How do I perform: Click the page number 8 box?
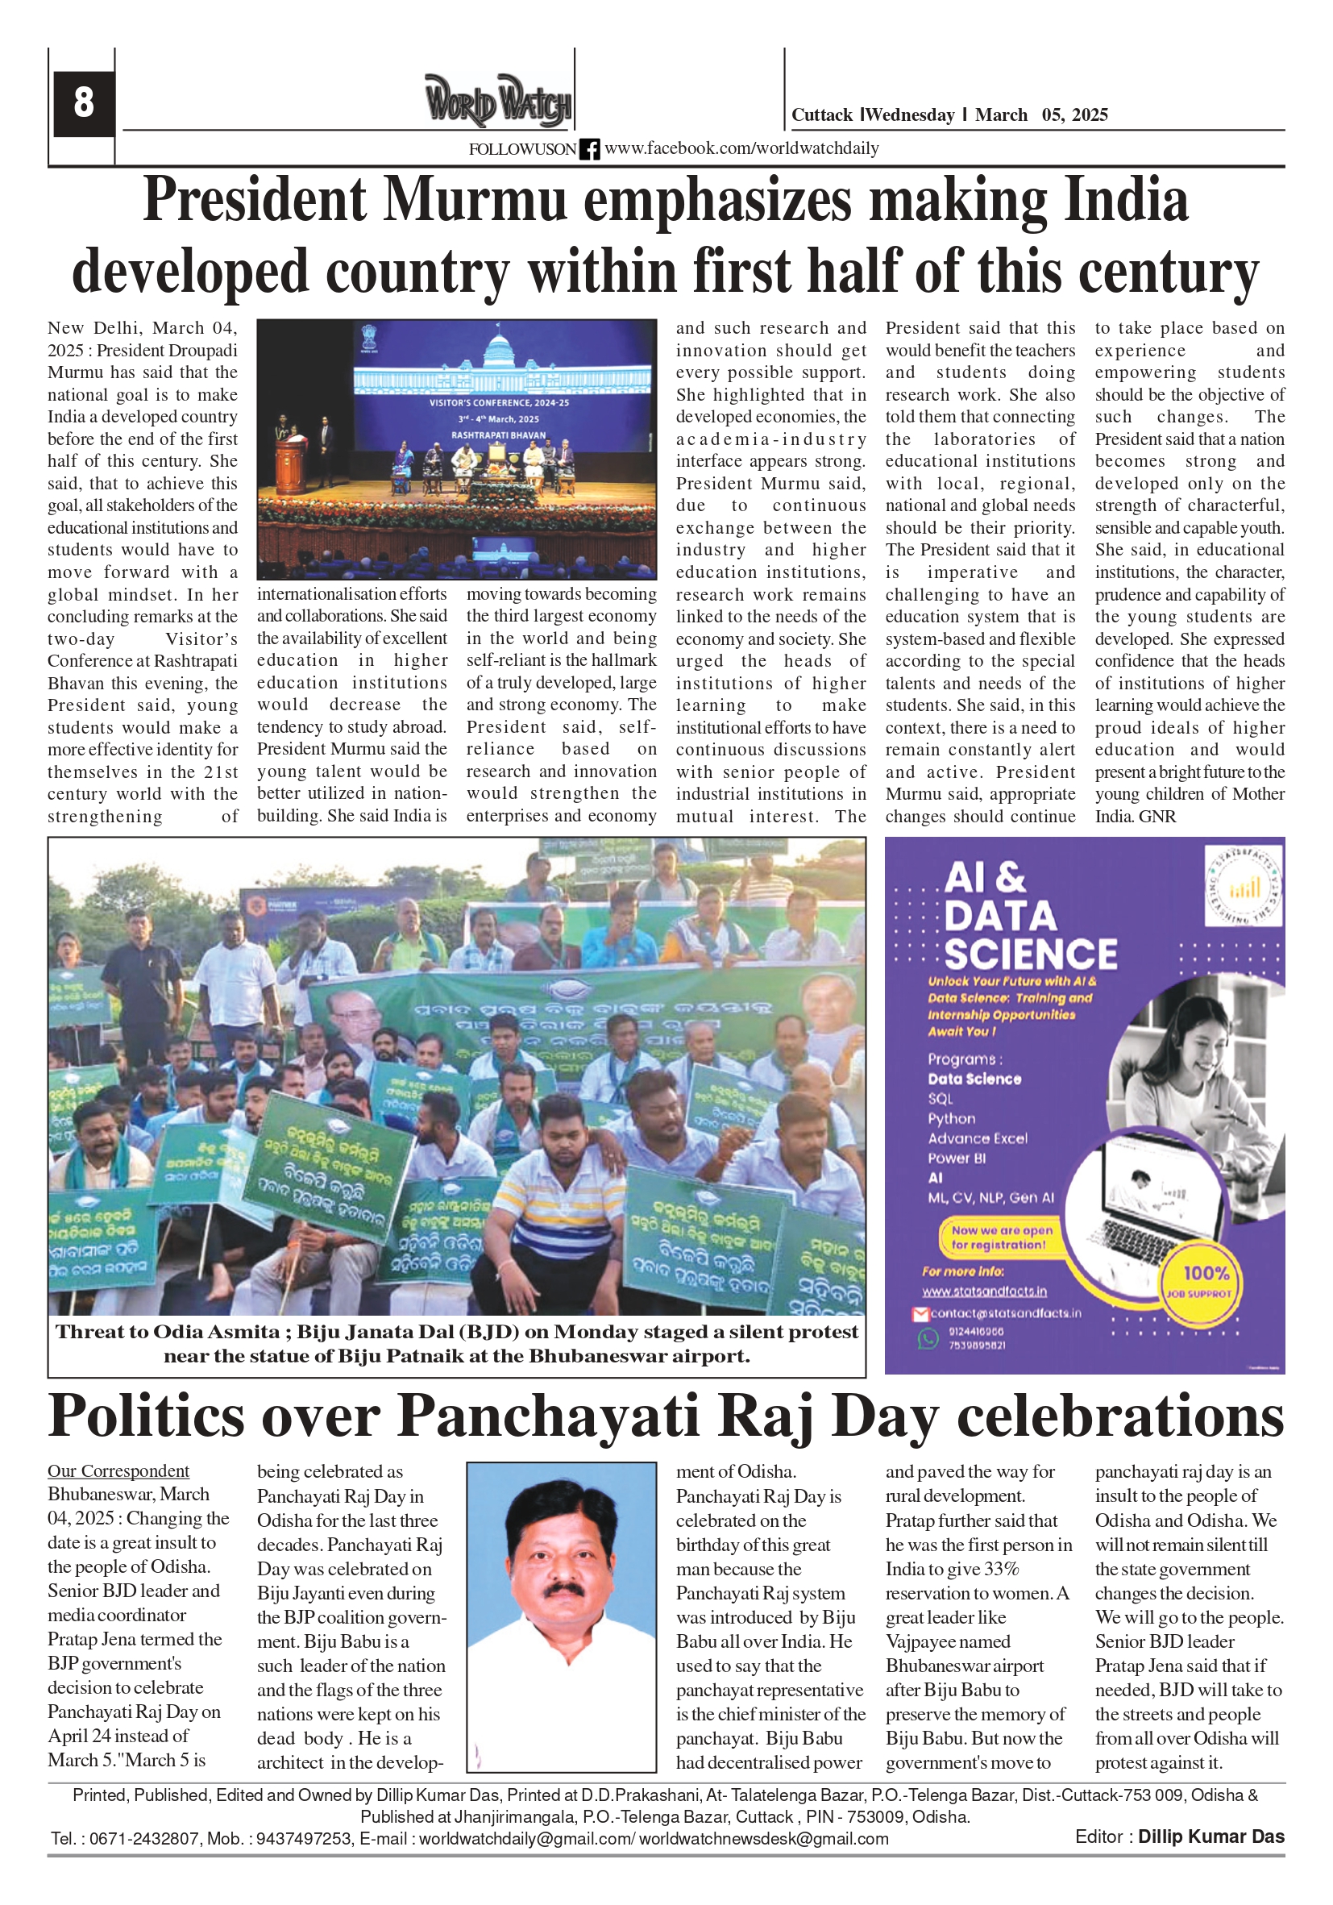pyautogui.click(x=83, y=103)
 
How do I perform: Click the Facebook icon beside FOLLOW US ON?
pyautogui.click(x=590, y=149)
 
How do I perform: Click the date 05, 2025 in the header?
pyautogui.click(x=1074, y=115)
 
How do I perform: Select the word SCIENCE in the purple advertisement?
pyautogui.click(x=1030, y=955)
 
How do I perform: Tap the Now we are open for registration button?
pyautogui.click(x=1001, y=1237)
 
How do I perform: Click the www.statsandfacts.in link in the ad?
pyautogui.click(x=984, y=1291)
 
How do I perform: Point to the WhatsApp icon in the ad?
pyautogui.click(x=928, y=1338)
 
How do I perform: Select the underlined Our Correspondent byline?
pyautogui.click(x=118, y=1471)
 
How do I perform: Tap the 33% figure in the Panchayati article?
pyautogui.click(x=1001, y=1569)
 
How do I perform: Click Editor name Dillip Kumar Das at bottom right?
pyautogui.click(x=1210, y=1836)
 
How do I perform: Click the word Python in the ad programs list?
pyautogui.click(x=952, y=1118)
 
